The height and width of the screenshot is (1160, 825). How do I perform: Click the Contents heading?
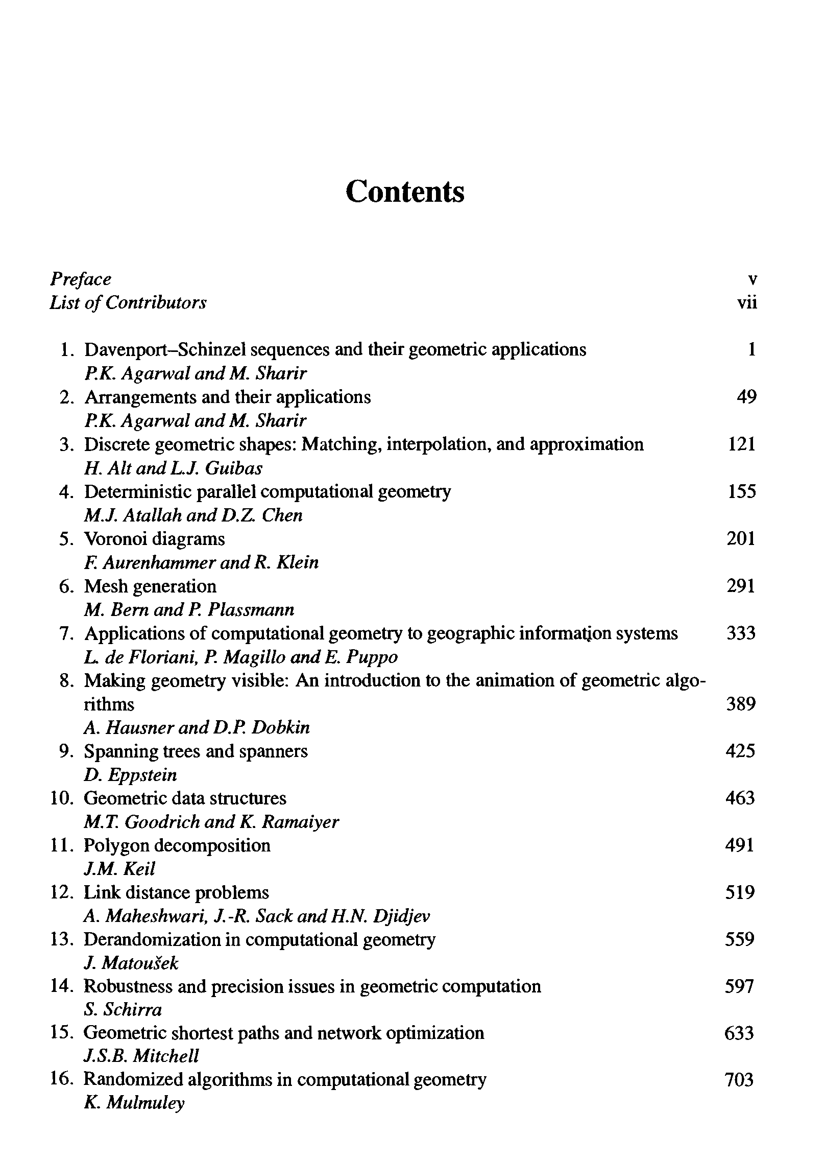[405, 192]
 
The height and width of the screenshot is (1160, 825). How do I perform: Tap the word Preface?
[80, 279]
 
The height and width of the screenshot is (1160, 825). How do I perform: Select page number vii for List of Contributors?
[747, 303]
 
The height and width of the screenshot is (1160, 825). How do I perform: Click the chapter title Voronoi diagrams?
[154, 539]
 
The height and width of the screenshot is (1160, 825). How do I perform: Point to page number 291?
[741, 586]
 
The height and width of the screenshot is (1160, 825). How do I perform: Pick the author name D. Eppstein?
[130, 775]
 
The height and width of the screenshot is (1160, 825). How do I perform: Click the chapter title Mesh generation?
[150, 586]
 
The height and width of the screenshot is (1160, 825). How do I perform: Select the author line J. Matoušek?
[131, 963]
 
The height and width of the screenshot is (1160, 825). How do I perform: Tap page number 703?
[739, 1080]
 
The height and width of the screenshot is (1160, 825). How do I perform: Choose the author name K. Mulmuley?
[134, 1103]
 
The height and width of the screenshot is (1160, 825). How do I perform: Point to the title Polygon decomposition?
[177, 845]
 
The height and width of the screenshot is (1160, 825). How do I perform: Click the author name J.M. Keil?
[119, 869]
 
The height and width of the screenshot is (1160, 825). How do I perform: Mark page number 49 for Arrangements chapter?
[746, 397]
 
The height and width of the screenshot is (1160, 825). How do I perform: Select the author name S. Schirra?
[123, 1010]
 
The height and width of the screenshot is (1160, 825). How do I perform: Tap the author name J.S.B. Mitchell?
[141, 1056]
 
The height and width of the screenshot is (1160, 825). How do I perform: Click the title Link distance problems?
[176, 892]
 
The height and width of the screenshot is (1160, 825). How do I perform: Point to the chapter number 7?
[66, 633]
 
